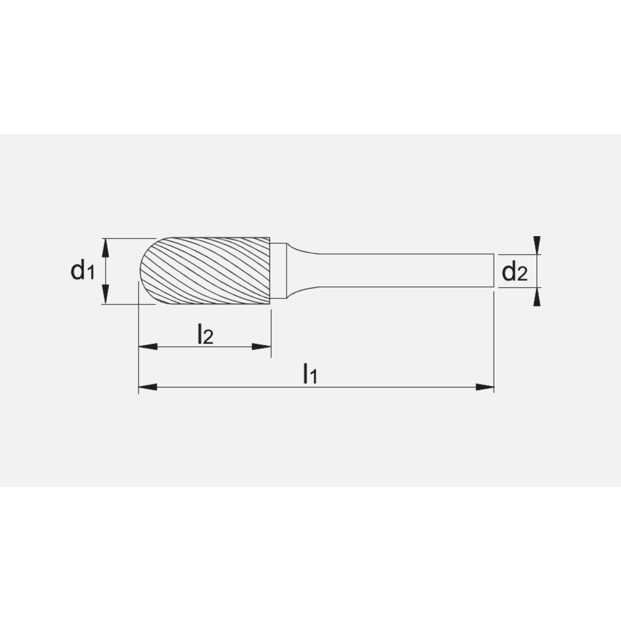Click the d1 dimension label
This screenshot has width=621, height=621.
(x=82, y=271)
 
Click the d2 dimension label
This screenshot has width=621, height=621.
(x=514, y=271)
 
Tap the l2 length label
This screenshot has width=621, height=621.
(x=205, y=335)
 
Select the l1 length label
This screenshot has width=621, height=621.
(x=310, y=373)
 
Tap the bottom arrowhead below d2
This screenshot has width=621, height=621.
(x=537, y=299)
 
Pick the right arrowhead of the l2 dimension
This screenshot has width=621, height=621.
(x=263, y=347)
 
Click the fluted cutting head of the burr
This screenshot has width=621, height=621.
(x=211, y=271)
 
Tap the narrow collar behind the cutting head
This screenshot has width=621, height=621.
(x=278, y=271)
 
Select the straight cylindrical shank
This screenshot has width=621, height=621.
(x=404, y=271)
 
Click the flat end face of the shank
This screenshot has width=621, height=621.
(x=494, y=271)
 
